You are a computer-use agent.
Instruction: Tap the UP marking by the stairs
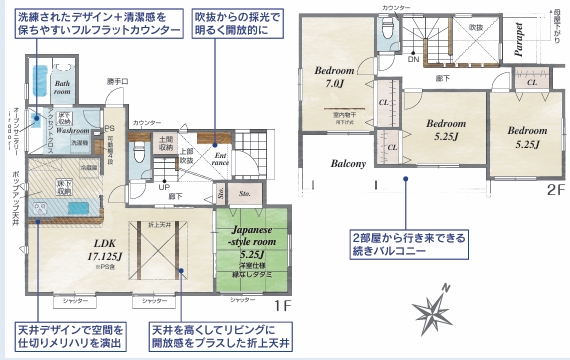coord(163,186)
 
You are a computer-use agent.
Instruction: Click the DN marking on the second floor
coord(412,59)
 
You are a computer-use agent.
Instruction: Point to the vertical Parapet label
coord(519,38)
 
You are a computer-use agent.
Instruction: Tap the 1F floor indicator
coord(281,304)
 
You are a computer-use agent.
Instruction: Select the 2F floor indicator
coord(554,187)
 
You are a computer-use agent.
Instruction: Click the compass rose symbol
coord(437,308)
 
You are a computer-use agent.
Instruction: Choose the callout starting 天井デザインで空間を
coord(68,337)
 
